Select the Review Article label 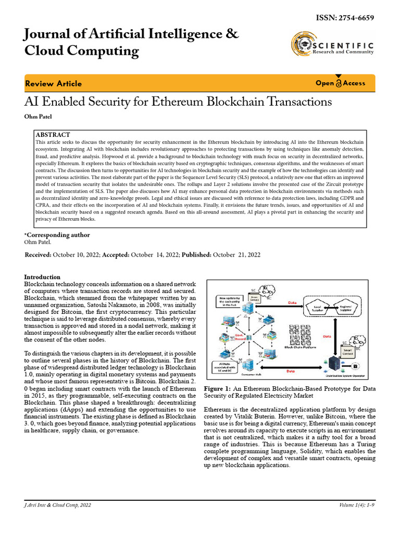(x=53, y=84)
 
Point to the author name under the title (x=37, y=116)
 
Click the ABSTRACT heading (x=54, y=134)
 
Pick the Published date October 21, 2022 (x=236, y=255)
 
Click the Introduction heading (x=42, y=277)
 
